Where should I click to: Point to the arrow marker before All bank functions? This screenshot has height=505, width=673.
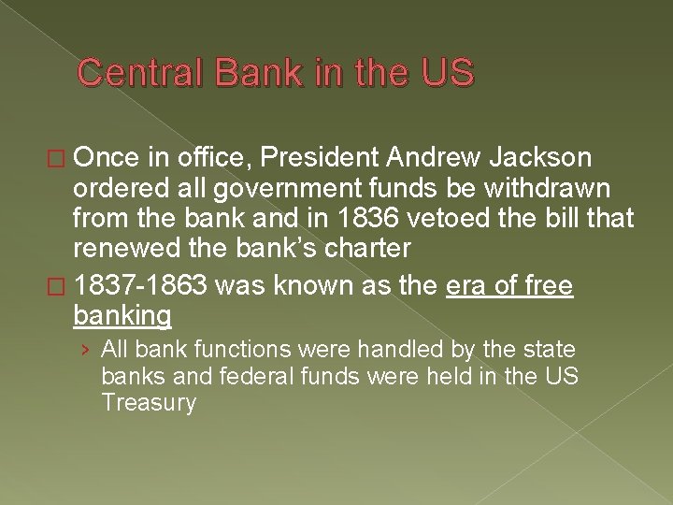tap(86, 351)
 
